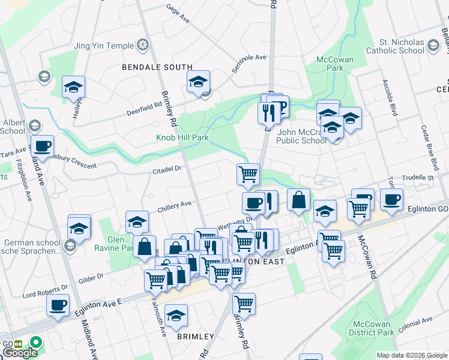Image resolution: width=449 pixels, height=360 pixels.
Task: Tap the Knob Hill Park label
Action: coord(182,138)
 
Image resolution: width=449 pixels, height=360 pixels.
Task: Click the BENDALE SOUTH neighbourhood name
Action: coord(157,67)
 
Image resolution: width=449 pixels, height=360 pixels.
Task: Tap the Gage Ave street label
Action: coord(178,13)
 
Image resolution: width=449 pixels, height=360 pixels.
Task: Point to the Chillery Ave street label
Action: coord(174,205)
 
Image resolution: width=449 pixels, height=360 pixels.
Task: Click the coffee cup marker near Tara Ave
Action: coord(43,146)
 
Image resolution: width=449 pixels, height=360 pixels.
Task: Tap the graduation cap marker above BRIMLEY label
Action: coord(176,314)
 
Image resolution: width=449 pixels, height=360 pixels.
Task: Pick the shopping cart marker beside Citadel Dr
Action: coord(248,175)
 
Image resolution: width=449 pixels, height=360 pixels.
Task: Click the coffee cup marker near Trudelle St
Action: coord(391,199)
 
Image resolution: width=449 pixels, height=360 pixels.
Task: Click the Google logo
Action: coord(19,353)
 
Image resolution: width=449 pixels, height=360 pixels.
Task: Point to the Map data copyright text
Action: coord(411,355)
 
